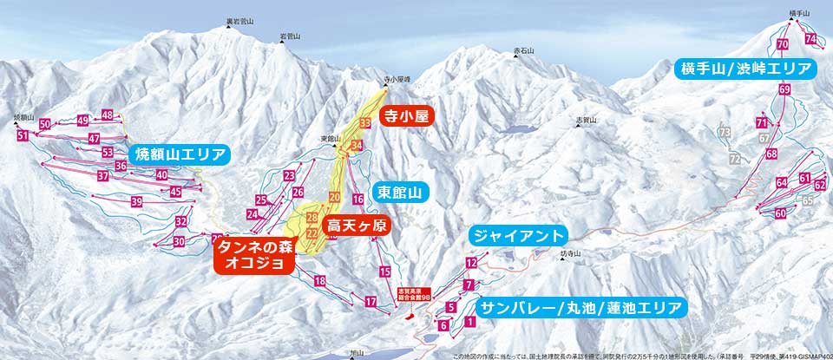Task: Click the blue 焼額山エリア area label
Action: coord(180,155)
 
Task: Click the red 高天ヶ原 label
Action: coord(356,225)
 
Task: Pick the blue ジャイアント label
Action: coord(518,235)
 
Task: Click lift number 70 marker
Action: coord(783,44)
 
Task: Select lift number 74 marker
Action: coord(810,40)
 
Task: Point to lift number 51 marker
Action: coord(23,136)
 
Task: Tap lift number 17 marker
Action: coord(371,302)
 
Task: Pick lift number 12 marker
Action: coord(471,262)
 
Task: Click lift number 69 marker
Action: coord(785,89)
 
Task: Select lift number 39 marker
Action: coord(136,202)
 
